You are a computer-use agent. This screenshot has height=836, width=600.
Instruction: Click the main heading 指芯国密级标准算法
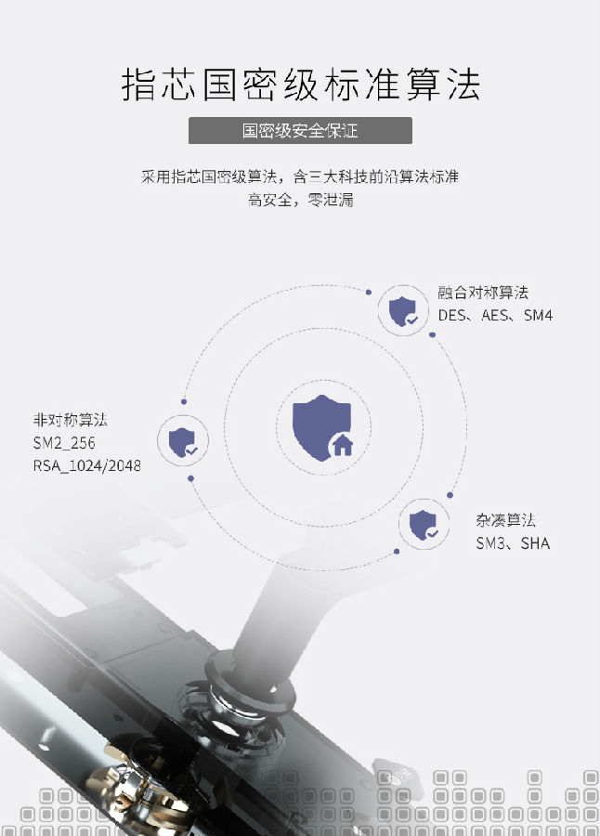point(301,85)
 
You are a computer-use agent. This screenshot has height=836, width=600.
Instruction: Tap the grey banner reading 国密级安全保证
point(300,131)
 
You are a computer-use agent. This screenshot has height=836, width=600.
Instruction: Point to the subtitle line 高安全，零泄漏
point(300,200)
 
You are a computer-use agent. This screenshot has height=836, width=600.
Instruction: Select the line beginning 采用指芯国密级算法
point(300,176)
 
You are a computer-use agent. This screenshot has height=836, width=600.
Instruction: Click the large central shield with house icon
point(322,427)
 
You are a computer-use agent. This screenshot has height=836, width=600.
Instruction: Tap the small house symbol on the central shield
point(343,444)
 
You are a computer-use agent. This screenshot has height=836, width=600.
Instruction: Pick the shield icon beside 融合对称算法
point(403,311)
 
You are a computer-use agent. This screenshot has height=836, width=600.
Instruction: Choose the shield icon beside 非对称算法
point(183,441)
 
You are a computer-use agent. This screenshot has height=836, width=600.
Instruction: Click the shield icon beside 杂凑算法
point(424,525)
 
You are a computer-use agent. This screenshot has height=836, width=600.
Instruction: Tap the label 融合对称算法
point(483,293)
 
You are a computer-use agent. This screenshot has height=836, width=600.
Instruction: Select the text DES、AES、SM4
point(495,315)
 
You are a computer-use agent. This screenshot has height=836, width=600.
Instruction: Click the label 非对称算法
point(71,420)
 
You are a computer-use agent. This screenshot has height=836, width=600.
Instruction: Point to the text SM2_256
point(64,442)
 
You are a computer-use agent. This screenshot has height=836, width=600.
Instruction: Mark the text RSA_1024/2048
point(87,465)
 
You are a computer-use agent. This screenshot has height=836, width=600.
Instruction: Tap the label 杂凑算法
point(505,520)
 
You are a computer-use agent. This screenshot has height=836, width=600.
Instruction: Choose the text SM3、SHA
point(513,542)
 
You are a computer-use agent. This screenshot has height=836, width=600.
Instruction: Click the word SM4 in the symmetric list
point(538,315)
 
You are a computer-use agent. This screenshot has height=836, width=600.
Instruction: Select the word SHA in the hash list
point(535,542)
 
